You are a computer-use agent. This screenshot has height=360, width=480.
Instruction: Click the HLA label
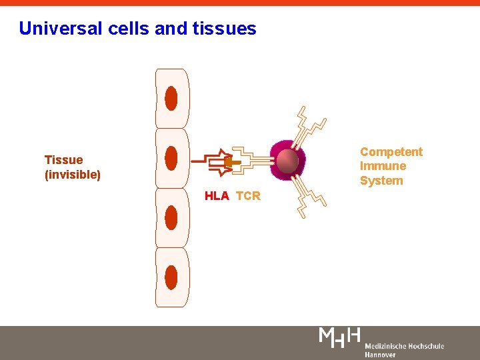point(217,196)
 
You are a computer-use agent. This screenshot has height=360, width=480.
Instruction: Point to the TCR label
point(248,196)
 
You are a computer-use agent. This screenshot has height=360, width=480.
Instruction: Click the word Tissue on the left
point(63,160)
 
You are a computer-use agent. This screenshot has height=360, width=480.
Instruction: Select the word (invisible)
point(72,175)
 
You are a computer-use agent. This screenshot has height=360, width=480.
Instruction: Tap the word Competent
point(391,152)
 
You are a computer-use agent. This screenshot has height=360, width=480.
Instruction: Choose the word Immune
point(383,166)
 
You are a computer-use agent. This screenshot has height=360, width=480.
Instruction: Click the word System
point(381,181)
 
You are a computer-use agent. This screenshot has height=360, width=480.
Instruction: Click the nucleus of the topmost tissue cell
point(171,99)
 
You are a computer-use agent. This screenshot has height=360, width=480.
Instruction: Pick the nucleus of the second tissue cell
point(171,158)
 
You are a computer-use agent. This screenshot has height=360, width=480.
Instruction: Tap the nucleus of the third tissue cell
point(171,217)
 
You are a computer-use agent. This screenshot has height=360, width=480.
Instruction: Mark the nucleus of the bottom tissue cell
point(171,277)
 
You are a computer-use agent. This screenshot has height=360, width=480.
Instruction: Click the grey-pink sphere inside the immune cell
point(288,161)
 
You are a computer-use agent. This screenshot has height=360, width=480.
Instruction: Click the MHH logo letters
point(340,337)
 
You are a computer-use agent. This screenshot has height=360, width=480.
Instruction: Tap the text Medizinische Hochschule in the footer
point(404,346)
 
